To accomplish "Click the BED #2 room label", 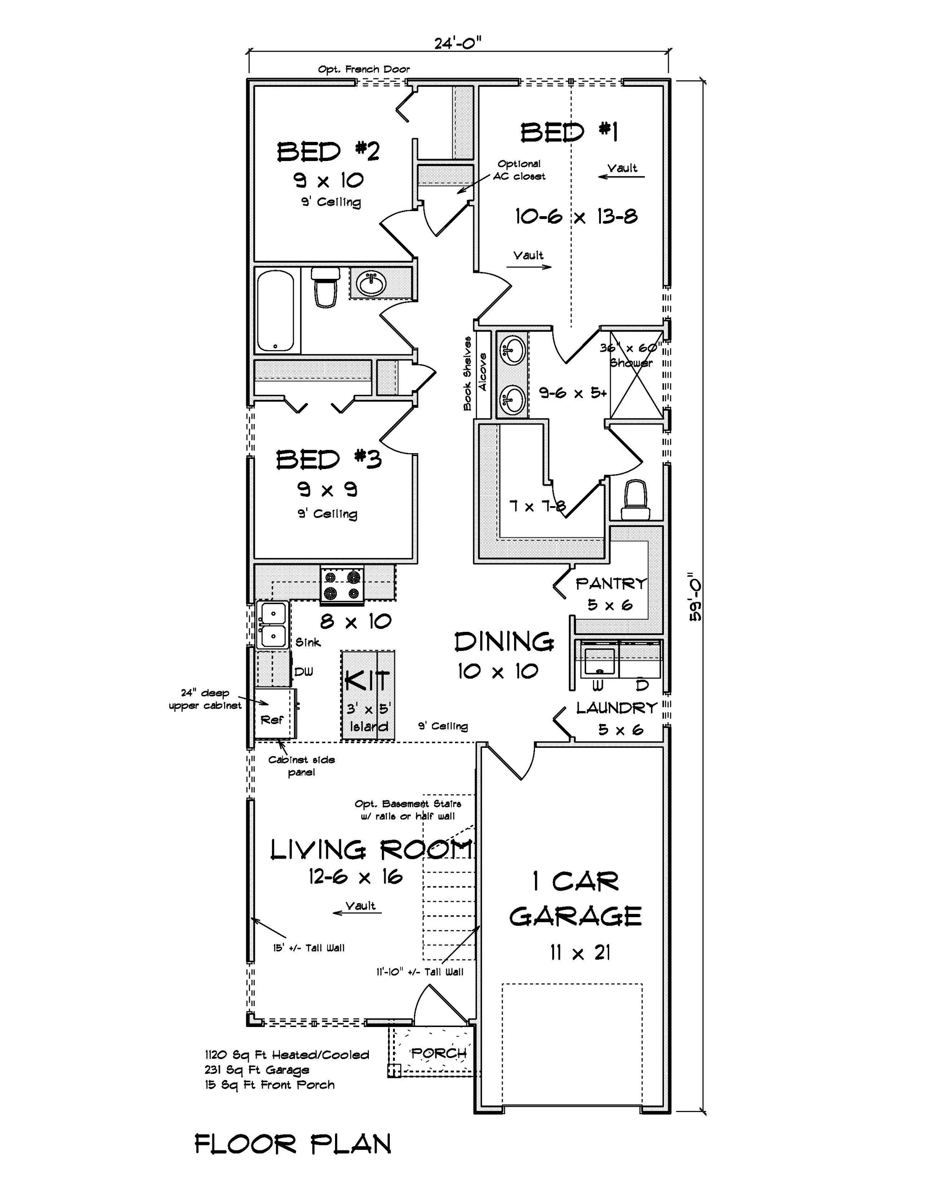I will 329,152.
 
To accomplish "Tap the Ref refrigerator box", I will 273,719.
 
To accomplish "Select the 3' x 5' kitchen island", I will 368,695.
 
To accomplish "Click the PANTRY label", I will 611,584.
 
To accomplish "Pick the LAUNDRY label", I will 617,708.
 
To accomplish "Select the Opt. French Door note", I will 364,69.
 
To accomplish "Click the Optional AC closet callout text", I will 519,170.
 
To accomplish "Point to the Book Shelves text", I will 468,374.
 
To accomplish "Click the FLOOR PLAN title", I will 293,1144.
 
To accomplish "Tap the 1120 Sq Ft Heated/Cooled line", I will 287,1055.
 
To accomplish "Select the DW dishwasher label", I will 303,671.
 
